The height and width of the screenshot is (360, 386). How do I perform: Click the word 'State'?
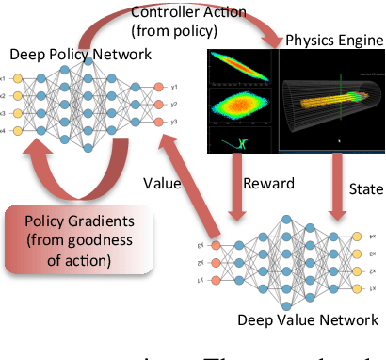[x=363, y=189]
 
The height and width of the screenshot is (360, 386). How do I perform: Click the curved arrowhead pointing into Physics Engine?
[x=272, y=41]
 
